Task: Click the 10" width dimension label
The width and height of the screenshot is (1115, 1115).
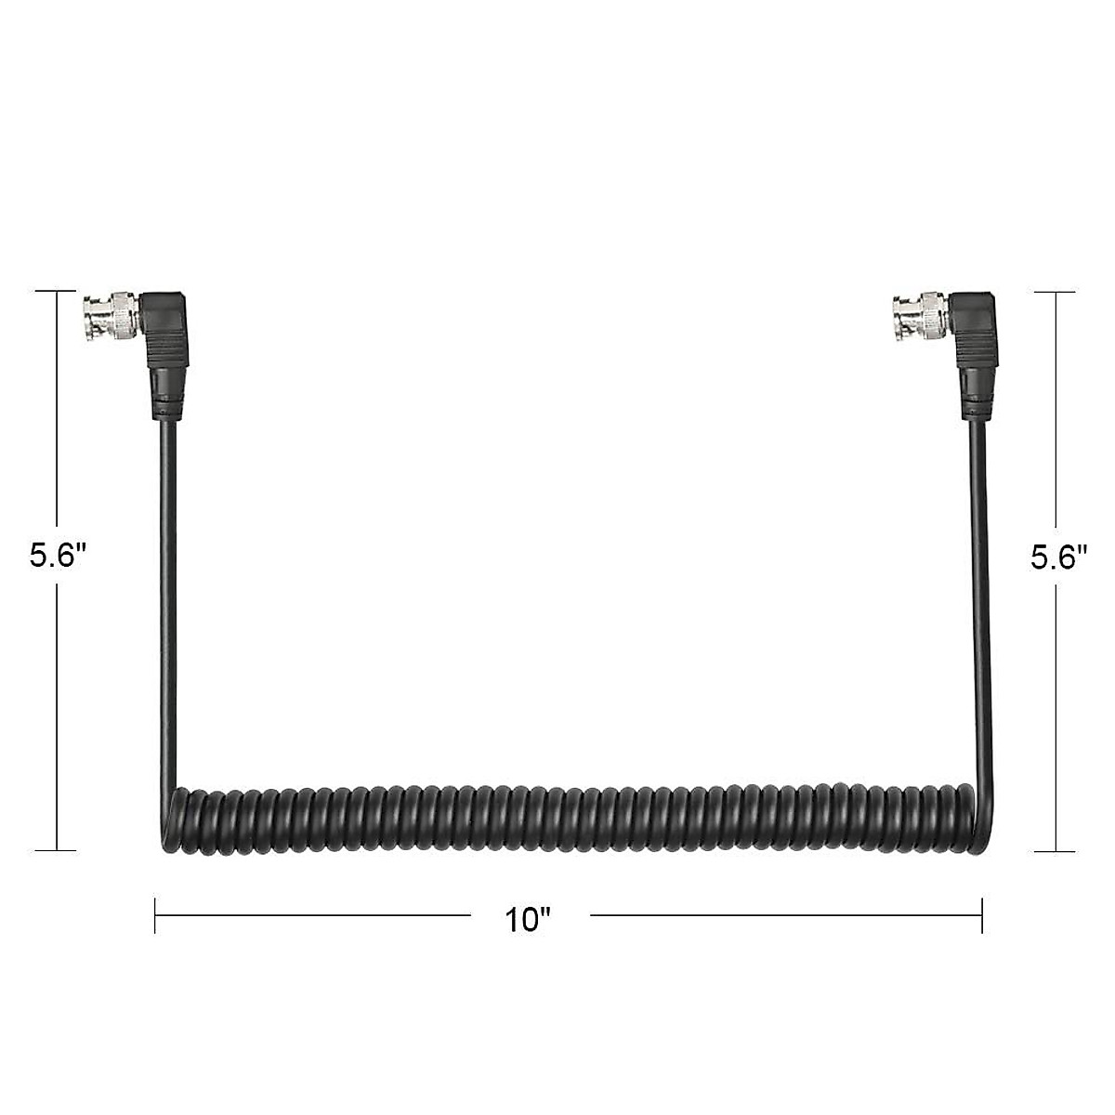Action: click(x=529, y=920)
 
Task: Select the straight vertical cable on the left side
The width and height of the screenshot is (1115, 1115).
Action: click(x=170, y=604)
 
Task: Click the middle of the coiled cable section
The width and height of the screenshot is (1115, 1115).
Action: click(x=567, y=822)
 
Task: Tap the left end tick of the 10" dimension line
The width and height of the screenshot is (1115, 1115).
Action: click(x=155, y=914)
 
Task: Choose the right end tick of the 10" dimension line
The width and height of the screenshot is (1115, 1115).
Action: click(x=982, y=914)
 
